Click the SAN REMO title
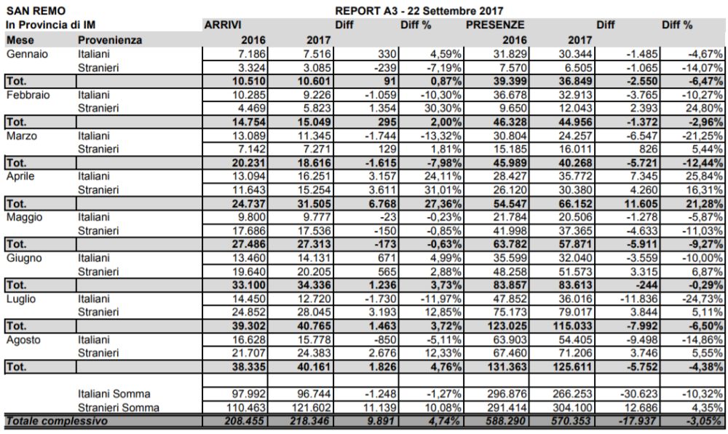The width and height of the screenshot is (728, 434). click(x=35, y=12)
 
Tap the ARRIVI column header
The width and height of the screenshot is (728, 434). click(x=223, y=25)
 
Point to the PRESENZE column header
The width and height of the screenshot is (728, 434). click(x=496, y=25)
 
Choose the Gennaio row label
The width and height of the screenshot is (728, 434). click(x=26, y=53)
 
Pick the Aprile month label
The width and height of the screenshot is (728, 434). click(x=22, y=176)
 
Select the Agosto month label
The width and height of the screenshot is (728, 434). click(x=23, y=339)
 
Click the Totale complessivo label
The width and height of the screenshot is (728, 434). click(x=57, y=421)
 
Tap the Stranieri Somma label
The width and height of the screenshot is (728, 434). click(x=118, y=407)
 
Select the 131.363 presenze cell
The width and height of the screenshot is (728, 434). click(x=506, y=367)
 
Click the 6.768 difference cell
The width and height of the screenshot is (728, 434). click(x=379, y=203)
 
